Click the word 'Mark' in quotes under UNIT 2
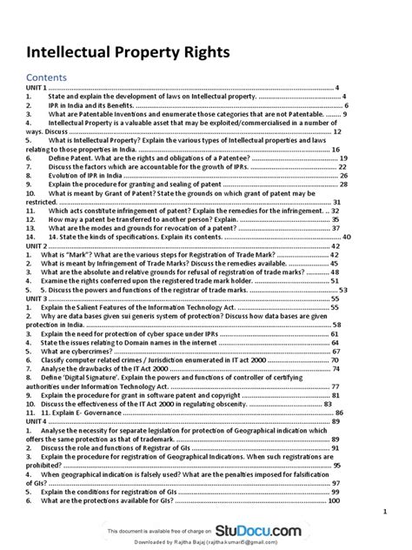[x=88, y=255]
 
